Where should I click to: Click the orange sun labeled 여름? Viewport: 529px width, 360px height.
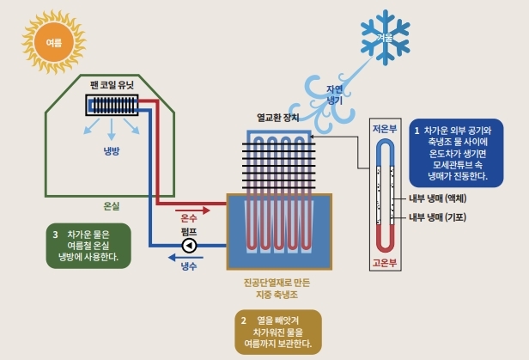[x=53, y=40]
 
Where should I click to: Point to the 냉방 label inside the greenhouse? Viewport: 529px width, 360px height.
[x=112, y=151]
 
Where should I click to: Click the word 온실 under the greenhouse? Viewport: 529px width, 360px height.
[x=111, y=206]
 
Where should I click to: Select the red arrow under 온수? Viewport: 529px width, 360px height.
[x=190, y=208]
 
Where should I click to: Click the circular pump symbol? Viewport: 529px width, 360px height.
[x=190, y=245]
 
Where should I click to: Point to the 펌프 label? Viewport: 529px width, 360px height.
[x=190, y=232]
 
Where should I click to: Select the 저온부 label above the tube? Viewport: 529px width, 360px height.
[x=384, y=129]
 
